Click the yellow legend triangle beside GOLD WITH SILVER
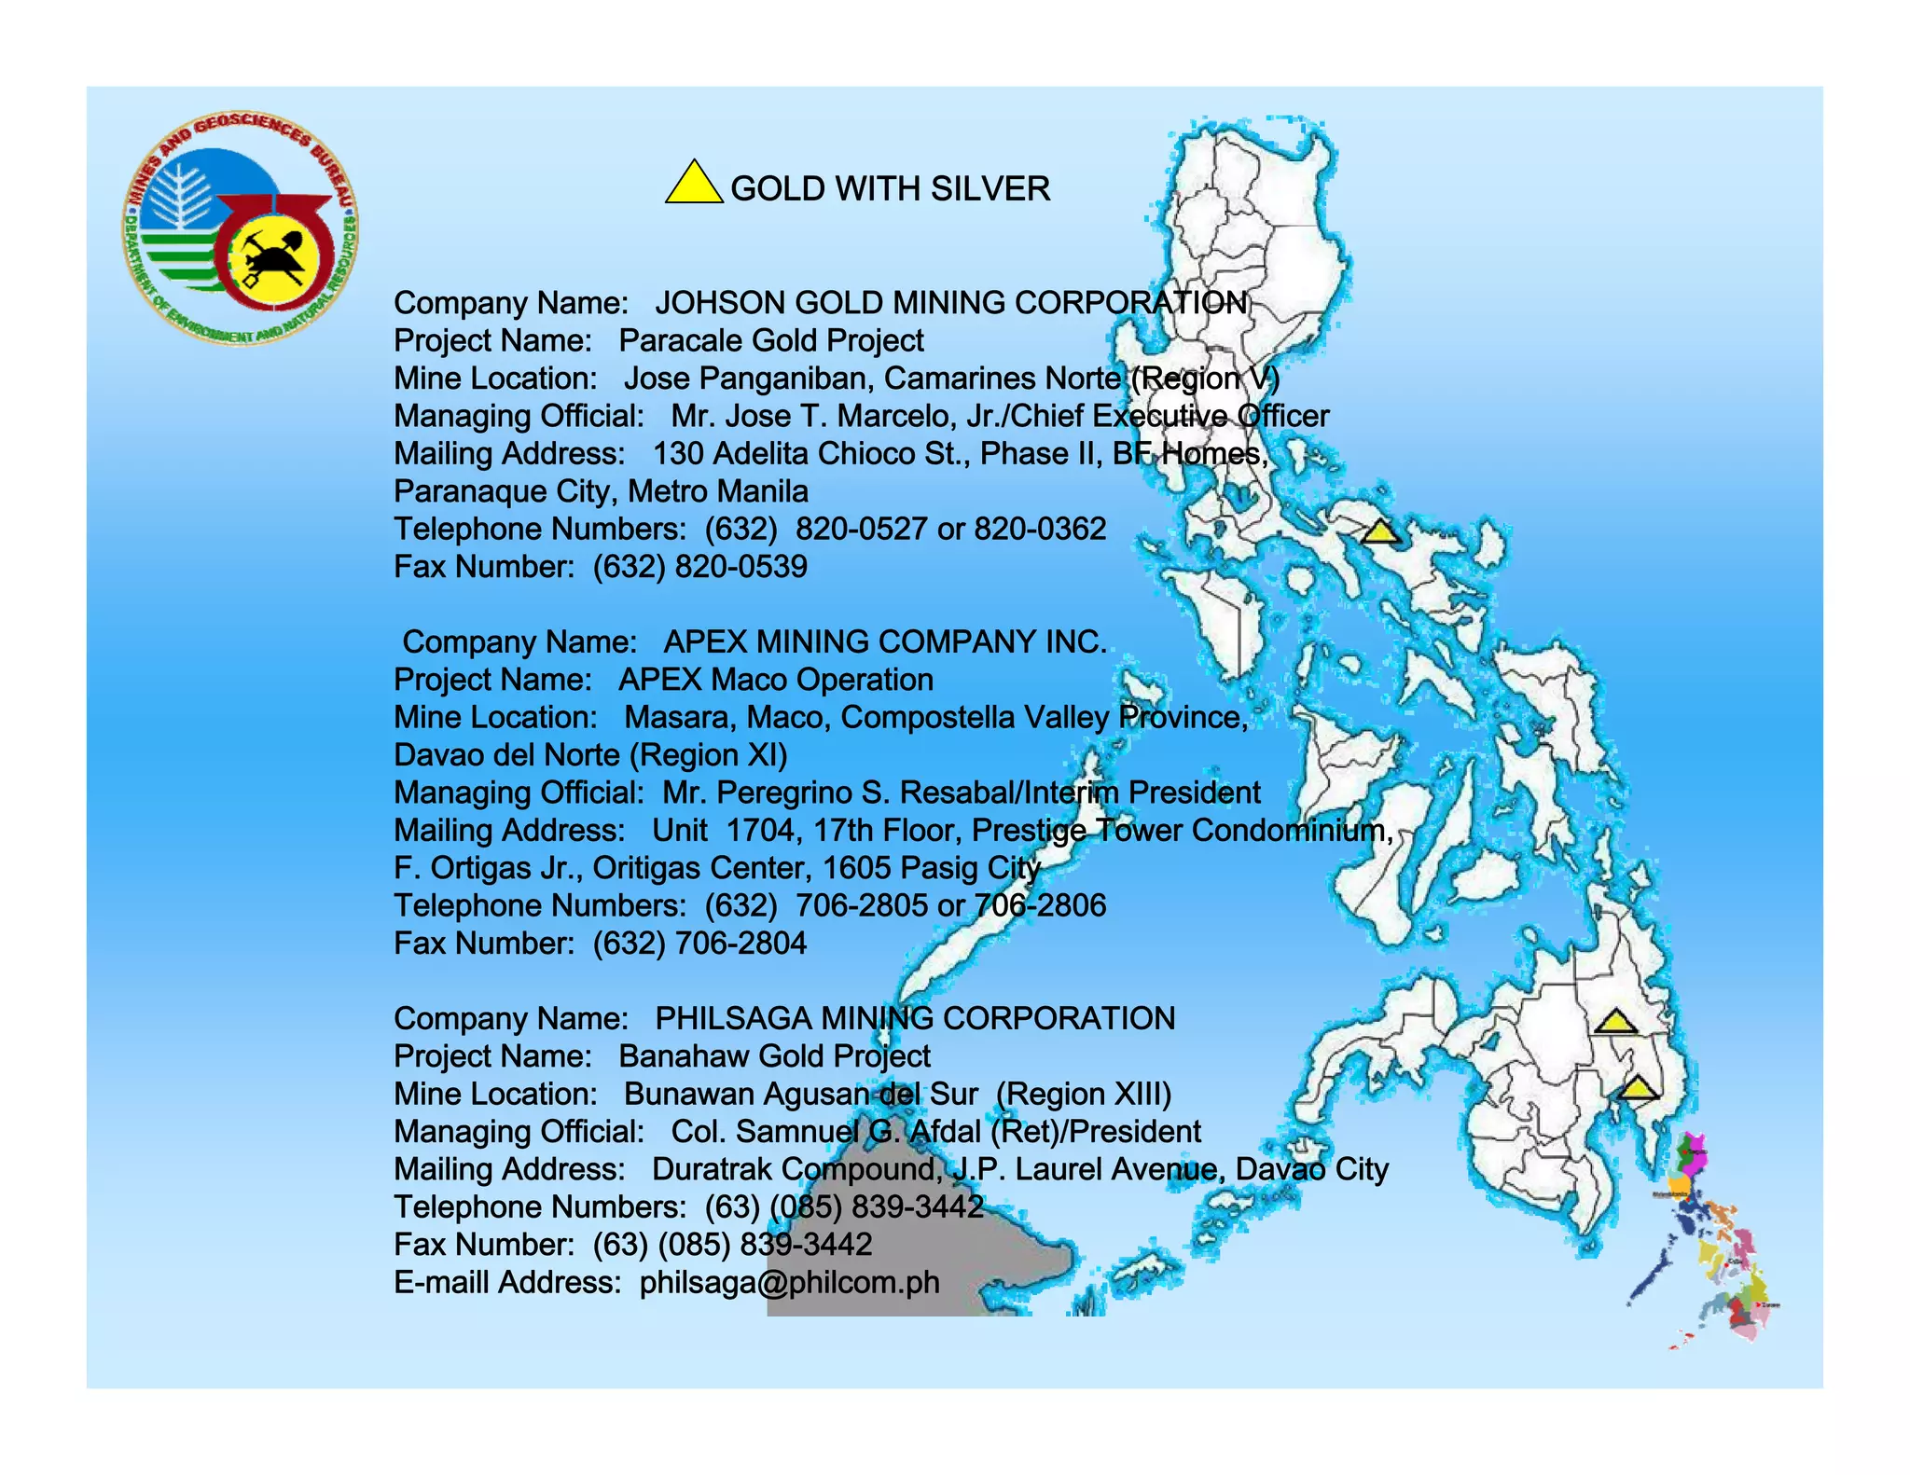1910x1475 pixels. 693,184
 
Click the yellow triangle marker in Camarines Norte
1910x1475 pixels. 1380,532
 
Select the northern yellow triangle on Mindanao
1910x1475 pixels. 1614,1022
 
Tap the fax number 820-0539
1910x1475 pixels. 741,567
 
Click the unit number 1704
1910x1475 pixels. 761,830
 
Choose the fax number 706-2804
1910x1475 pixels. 741,944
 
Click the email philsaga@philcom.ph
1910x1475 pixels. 789,1283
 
